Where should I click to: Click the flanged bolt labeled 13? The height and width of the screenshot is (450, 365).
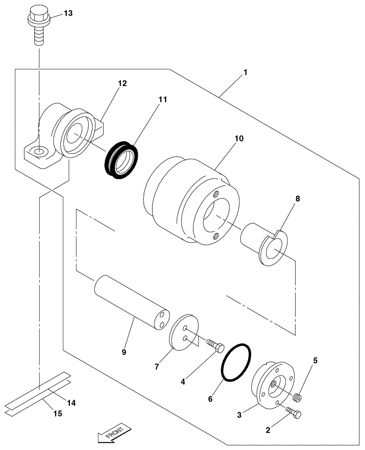click(38, 25)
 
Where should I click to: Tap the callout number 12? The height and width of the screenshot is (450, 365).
click(122, 83)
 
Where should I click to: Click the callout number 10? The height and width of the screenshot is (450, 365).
click(239, 139)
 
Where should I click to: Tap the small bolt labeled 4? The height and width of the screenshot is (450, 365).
click(216, 346)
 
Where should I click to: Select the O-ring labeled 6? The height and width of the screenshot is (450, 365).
click(236, 363)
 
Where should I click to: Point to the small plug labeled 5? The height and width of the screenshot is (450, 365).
click(296, 397)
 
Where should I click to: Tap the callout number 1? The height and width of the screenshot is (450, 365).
click(245, 72)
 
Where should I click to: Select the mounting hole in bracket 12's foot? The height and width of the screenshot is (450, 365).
click(39, 153)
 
